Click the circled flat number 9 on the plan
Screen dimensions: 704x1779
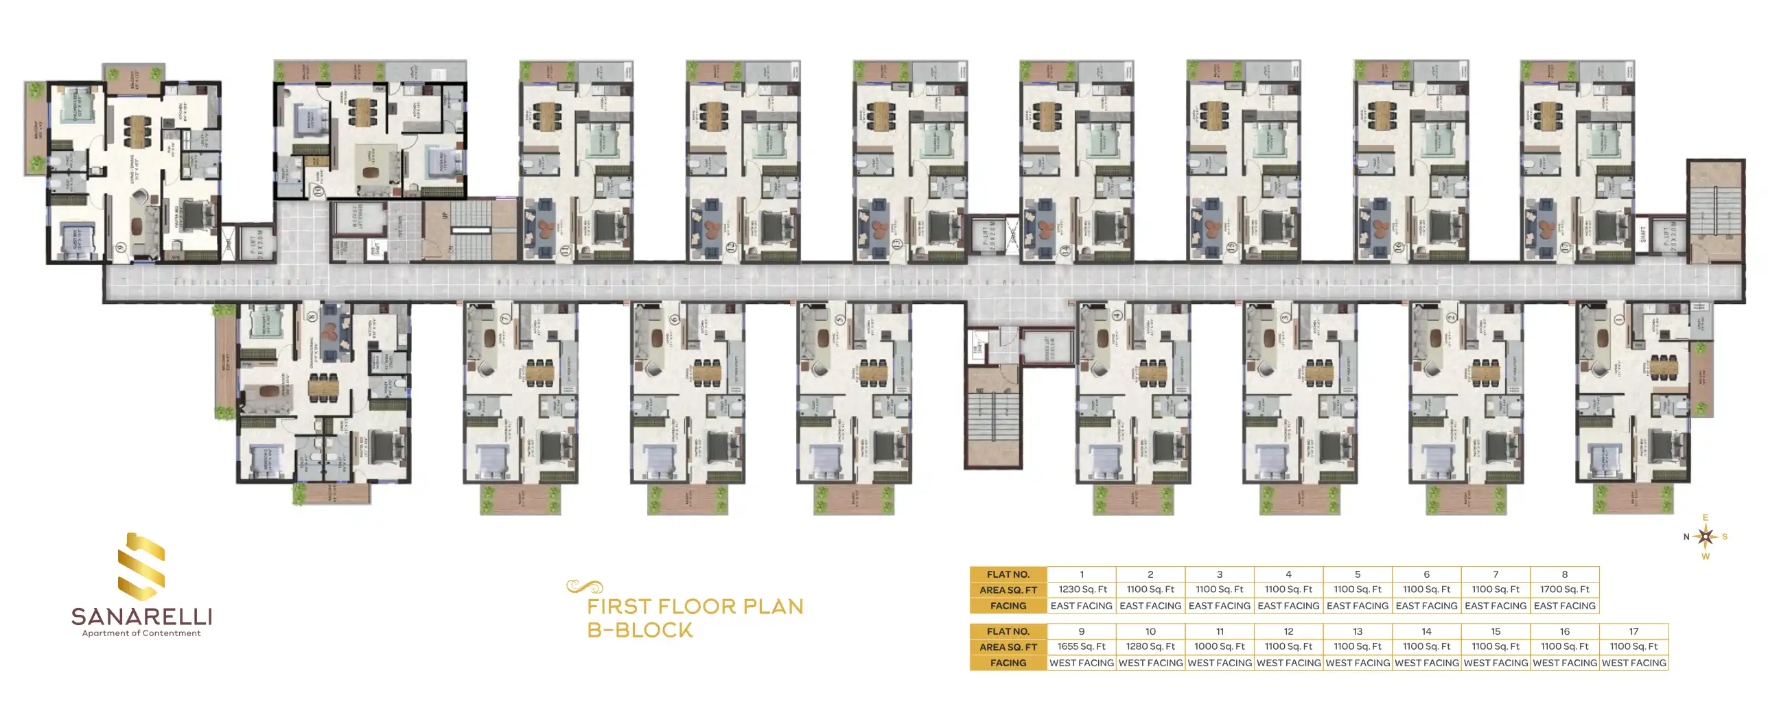(x=121, y=248)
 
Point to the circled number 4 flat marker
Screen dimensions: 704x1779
(x=1117, y=316)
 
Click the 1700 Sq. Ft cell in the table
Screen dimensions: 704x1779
(x=1564, y=589)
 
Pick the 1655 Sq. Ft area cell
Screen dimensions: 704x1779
(x=1081, y=647)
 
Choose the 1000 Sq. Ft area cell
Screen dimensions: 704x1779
(x=1219, y=647)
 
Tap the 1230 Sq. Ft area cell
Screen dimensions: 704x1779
(x=1082, y=589)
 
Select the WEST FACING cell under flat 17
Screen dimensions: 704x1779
(x=1633, y=663)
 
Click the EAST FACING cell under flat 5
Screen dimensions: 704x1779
(x=1357, y=606)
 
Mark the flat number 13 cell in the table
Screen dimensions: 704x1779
(x=1357, y=631)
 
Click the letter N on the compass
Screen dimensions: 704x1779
(x=1686, y=537)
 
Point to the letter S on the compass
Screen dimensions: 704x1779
(x=1725, y=537)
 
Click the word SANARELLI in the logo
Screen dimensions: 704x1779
(x=141, y=616)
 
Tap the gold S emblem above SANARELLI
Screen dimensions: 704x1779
(x=141, y=566)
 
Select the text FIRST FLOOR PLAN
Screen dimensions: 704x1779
(x=695, y=607)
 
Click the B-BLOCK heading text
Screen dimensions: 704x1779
(x=640, y=631)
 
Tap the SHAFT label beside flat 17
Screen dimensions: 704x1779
(x=1643, y=235)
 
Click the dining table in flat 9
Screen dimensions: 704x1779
(x=137, y=130)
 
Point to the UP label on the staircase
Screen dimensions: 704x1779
(x=445, y=215)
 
